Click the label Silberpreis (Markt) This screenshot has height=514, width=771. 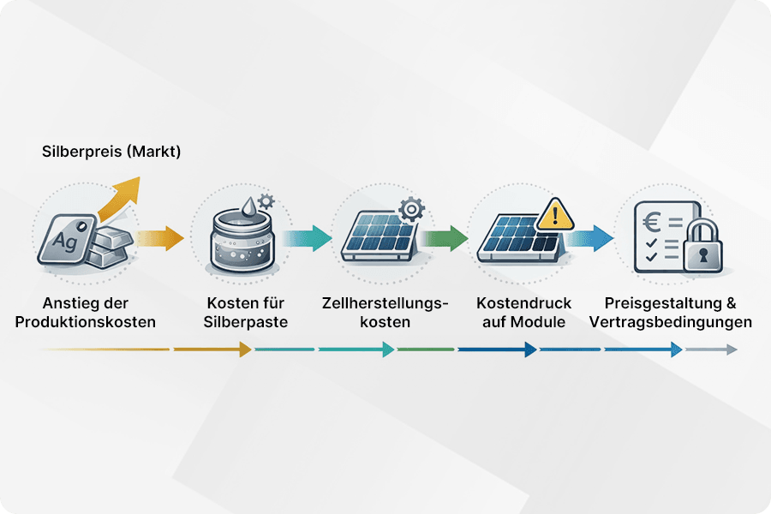pos(111,152)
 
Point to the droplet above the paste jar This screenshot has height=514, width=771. pos(246,206)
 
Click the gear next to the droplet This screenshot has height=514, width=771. pos(266,202)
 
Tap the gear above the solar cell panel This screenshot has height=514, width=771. pos(411,208)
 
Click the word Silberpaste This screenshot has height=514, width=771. pos(245,322)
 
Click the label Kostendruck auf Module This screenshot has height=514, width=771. pos(523,313)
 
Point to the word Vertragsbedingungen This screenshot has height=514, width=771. pos(671,322)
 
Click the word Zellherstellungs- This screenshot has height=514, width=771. pos(385,303)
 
